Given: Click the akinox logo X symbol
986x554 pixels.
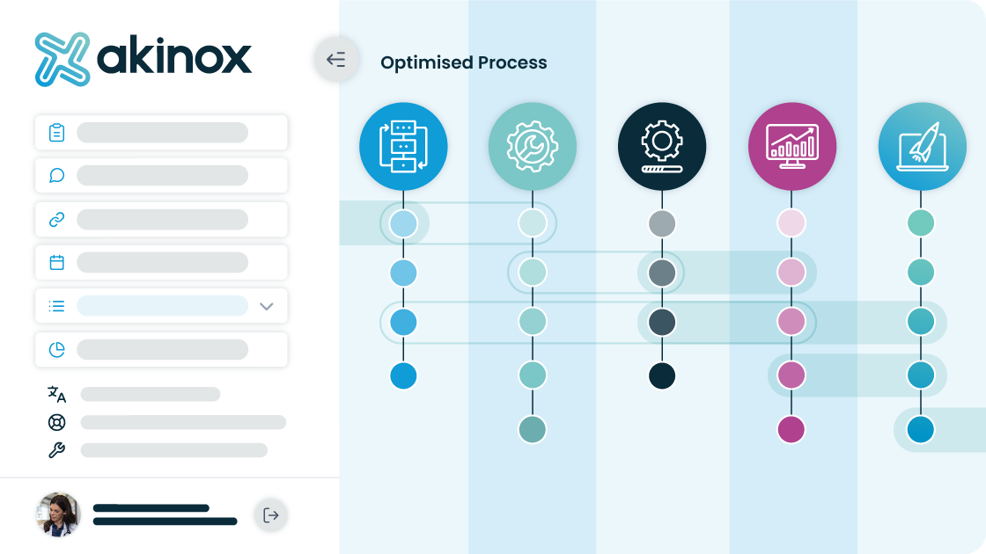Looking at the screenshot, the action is pos(62,59).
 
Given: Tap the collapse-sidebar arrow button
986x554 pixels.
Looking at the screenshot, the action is pos(336,59).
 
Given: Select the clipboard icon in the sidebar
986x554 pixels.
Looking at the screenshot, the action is pos(56,133).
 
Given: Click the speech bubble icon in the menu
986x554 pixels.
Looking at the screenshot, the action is pos(56,175).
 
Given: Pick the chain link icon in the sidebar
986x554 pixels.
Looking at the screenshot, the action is pos(56,219).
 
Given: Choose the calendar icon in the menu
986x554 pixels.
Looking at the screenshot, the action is pos(56,262).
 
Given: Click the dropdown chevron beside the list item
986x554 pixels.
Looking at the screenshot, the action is pos(267,307).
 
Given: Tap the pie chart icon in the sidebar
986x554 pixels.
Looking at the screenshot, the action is pos(56,349).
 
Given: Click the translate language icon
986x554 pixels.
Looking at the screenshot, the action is pos(56,395).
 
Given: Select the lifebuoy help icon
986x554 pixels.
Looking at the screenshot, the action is pos(56,422).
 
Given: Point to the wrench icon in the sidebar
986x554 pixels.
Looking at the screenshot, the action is pos(56,449).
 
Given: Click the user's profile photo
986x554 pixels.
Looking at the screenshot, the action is pos(58,514).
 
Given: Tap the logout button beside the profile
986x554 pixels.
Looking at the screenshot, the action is pos(271,515).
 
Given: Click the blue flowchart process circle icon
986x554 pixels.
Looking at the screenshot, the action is pos(403,146).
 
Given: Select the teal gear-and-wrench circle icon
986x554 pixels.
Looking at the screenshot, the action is pos(533,146).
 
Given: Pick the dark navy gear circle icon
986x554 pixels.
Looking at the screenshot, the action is pos(662,146).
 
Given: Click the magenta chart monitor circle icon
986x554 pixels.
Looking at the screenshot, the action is pos(791,146).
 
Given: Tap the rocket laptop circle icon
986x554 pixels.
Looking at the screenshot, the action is pos(922,146).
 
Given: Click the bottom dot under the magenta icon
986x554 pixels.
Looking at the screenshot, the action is pos(791,430).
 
